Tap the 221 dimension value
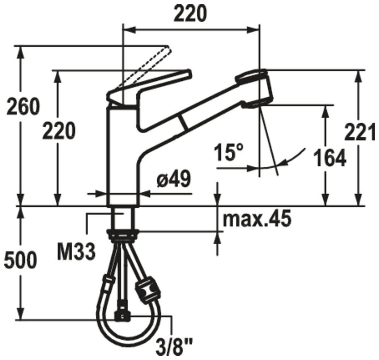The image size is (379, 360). (x=360, y=132)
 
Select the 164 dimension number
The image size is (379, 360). (x=330, y=158)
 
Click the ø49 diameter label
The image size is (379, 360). (x=174, y=179)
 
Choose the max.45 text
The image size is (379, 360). (x=257, y=219)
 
